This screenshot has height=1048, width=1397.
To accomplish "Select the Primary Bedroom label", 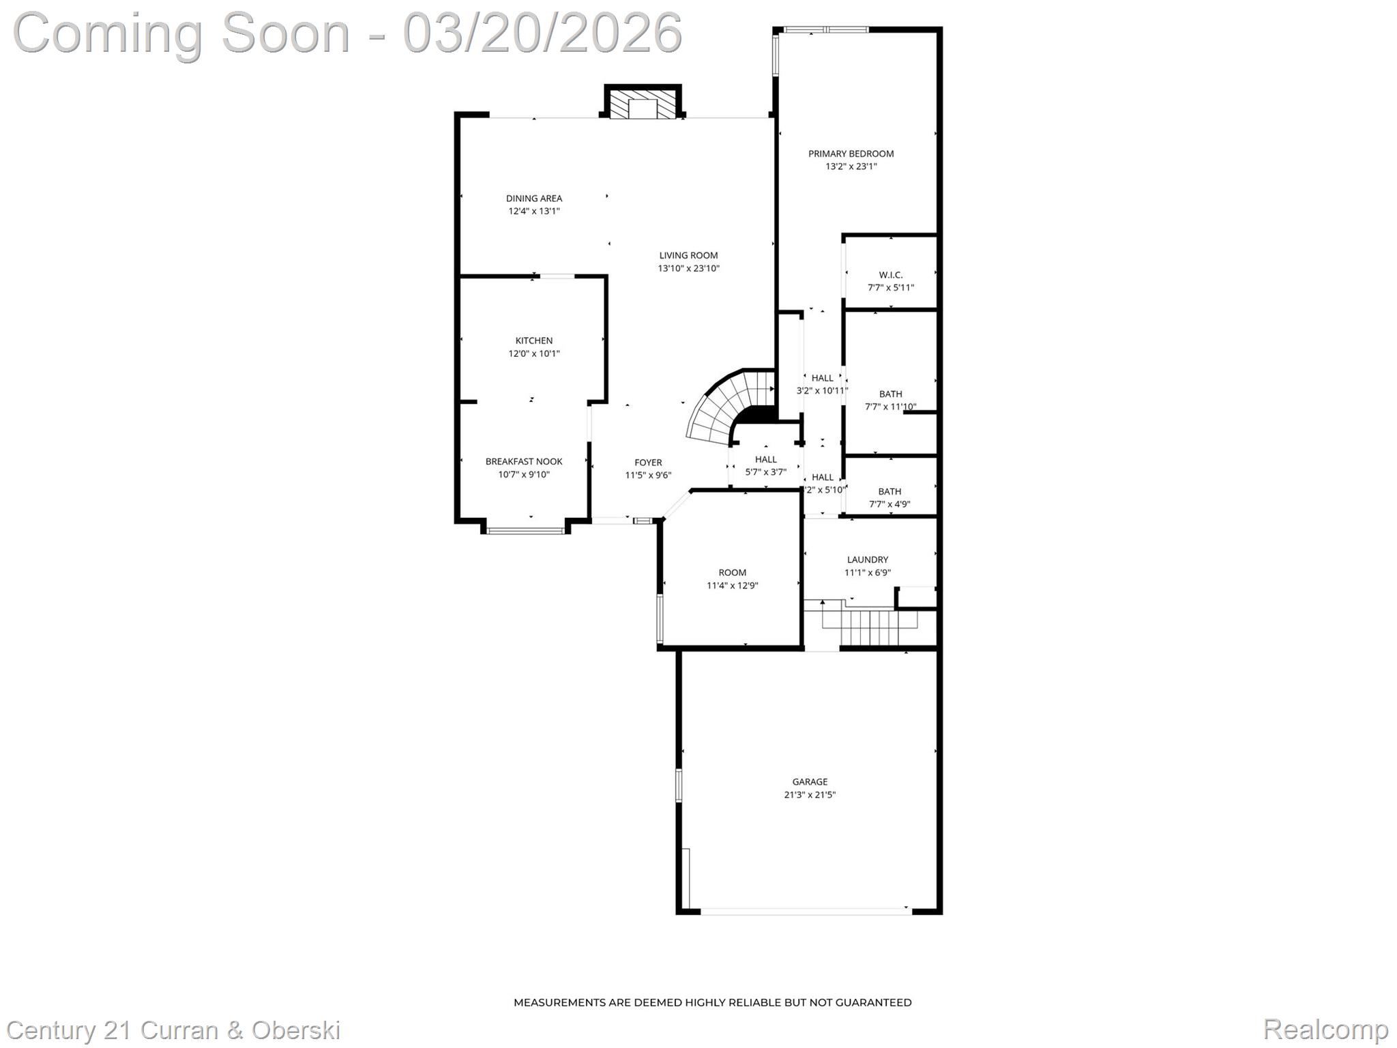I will click(851, 154).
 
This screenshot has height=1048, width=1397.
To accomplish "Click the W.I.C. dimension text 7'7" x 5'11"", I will click(890, 287).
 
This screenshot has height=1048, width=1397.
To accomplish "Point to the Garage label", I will click(810, 782).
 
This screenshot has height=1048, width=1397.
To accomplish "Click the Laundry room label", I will click(867, 559).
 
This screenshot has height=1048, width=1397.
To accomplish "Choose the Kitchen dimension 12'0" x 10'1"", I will click(533, 353).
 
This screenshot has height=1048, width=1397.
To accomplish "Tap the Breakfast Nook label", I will click(523, 462).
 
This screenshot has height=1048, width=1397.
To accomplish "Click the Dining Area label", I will click(533, 199).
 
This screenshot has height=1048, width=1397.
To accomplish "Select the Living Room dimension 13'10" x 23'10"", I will click(688, 268).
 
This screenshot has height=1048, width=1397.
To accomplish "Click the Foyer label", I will click(648, 463).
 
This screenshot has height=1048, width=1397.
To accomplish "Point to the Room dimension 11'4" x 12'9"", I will click(732, 585).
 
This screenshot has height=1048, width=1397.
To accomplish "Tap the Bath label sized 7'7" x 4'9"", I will click(889, 491).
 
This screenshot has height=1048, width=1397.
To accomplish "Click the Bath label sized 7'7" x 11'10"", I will click(890, 394).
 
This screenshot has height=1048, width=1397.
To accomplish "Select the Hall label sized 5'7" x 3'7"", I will click(765, 459).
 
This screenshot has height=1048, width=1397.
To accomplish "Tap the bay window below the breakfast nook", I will click(525, 530).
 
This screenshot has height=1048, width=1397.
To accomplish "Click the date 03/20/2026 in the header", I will click(542, 33).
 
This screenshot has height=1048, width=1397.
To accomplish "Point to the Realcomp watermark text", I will click(1325, 1029).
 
